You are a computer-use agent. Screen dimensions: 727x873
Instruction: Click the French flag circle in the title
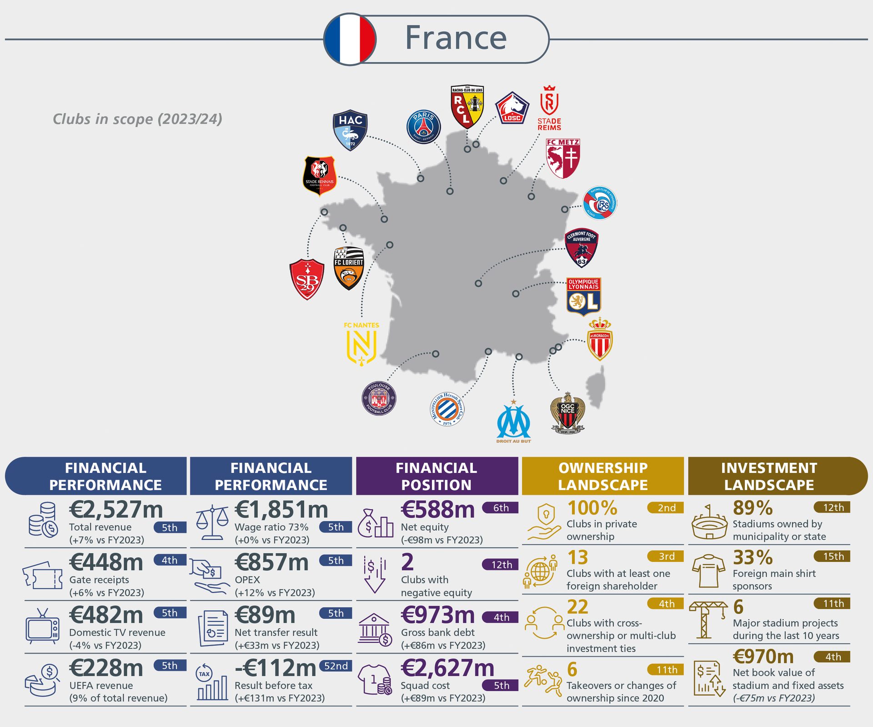tap(350, 39)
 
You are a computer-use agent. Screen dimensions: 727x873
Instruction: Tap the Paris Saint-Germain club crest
tap(423, 126)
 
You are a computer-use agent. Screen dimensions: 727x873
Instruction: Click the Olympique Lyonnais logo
tap(583, 296)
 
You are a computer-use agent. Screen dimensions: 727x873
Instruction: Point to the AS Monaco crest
tap(600, 340)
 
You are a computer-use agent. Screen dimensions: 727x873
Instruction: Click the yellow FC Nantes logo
tap(361, 345)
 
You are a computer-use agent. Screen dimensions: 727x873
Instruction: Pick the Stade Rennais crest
tap(319, 176)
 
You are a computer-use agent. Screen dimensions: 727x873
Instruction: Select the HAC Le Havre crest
tap(350, 130)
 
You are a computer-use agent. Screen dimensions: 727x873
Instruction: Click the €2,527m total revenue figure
tap(116, 510)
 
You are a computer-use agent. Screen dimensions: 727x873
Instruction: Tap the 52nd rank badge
tap(336, 666)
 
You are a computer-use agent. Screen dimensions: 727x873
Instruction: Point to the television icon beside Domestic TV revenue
tap(42, 627)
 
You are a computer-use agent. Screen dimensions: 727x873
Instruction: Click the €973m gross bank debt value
tap(437, 615)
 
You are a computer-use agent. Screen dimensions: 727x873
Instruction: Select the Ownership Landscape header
tap(603, 476)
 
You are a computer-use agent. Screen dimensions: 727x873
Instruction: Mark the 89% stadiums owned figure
tap(753, 508)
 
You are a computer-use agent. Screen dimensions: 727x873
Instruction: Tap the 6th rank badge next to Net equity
tap(500, 508)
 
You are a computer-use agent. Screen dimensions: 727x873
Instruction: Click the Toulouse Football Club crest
tap(379, 398)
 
